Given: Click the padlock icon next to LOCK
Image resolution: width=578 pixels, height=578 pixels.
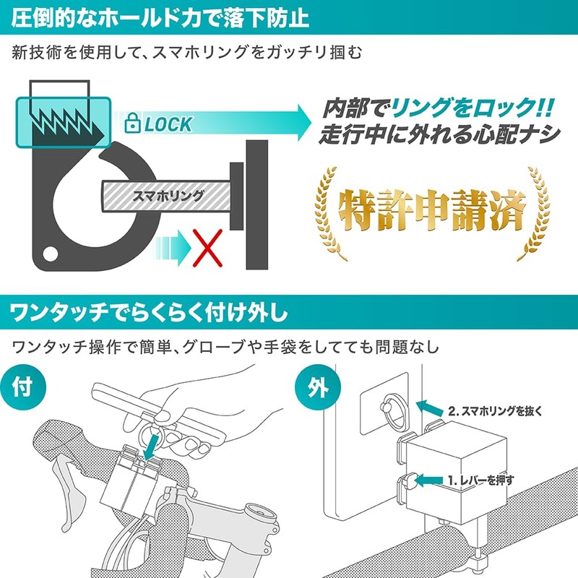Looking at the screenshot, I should pyautogui.click(x=132, y=123).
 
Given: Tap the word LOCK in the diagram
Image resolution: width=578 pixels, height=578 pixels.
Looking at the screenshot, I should pyautogui.click(x=168, y=124).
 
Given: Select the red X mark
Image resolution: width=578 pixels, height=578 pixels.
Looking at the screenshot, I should pyautogui.click(x=208, y=246).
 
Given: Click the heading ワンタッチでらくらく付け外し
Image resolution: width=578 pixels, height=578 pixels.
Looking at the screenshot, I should pyautogui.click(x=149, y=314).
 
